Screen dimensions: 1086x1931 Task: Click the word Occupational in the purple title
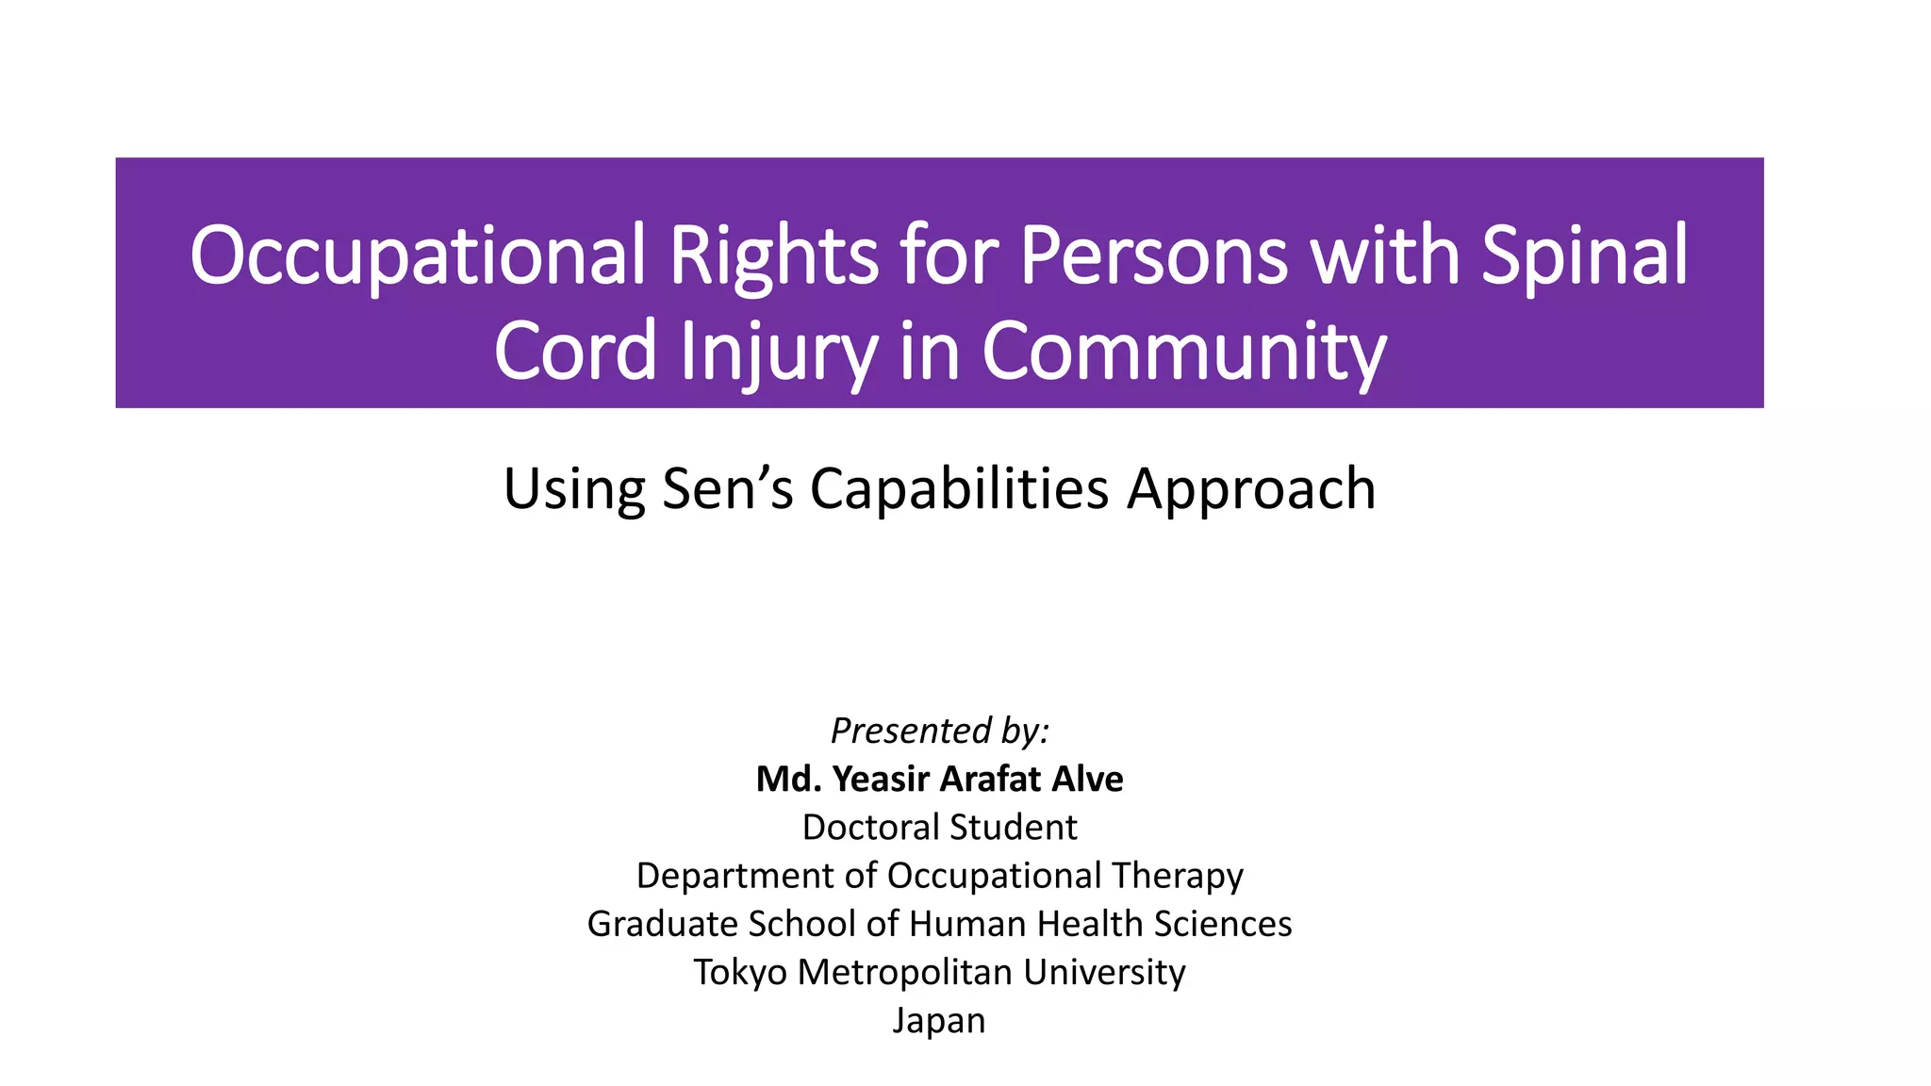[418, 256]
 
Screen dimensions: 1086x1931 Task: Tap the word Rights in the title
[773, 256]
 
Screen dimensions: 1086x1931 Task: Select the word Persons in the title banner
[1152, 256]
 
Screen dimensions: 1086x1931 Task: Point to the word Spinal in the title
[1584, 256]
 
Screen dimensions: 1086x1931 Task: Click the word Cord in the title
[574, 351]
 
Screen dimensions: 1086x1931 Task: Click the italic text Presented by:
[939, 731]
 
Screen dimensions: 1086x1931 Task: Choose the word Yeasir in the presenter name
[881, 779]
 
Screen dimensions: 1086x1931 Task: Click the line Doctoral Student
[939, 827]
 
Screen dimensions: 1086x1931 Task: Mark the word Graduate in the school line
[662, 924]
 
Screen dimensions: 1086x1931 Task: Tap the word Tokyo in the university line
[740, 972]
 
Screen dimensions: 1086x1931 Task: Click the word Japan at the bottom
[939, 1021]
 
